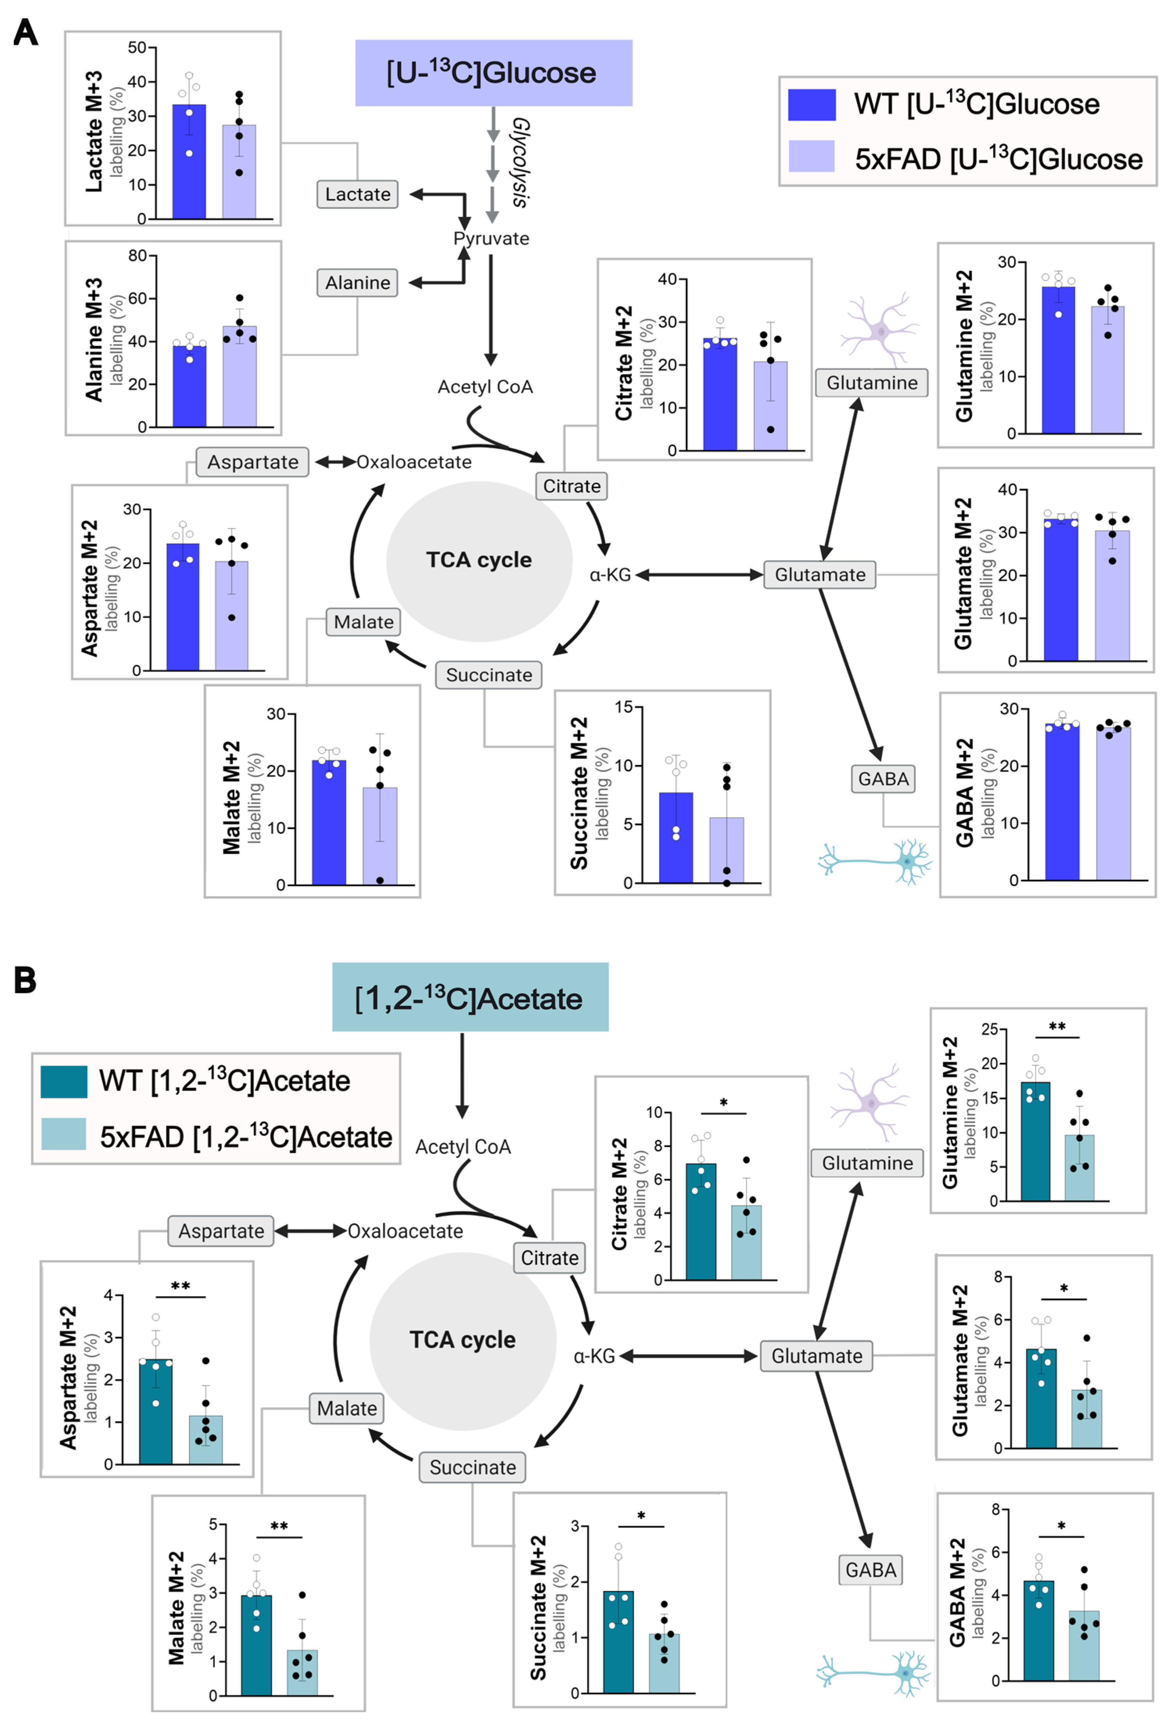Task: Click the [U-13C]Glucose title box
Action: tap(493, 73)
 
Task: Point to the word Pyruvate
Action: tap(491, 239)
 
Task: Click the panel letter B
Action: tap(25, 980)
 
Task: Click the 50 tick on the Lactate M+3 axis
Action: tap(137, 48)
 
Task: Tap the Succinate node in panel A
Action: tap(488, 675)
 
